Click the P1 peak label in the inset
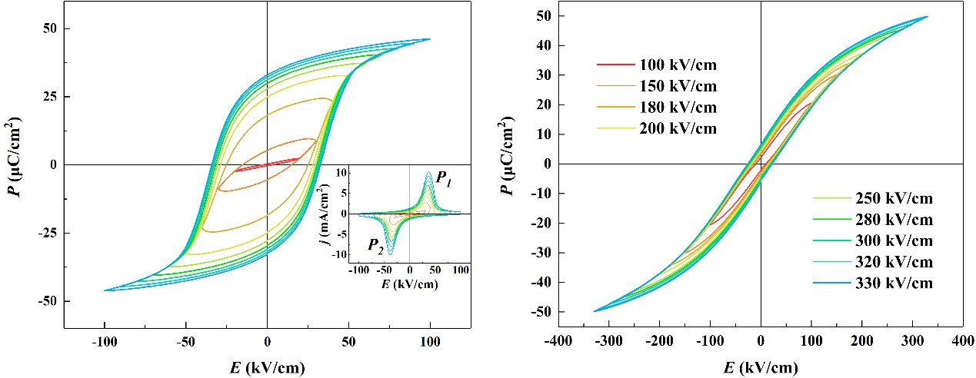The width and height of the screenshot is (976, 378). (x=444, y=178)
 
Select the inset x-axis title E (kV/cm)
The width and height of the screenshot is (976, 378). (x=409, y=283)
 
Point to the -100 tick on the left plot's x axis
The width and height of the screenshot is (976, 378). (x=104, y=343)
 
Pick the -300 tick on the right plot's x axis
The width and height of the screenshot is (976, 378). (x=608, y=340)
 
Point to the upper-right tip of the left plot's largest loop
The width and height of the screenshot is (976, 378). (x=430, y=39)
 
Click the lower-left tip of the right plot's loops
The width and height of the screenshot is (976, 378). (x=594, y=311)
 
